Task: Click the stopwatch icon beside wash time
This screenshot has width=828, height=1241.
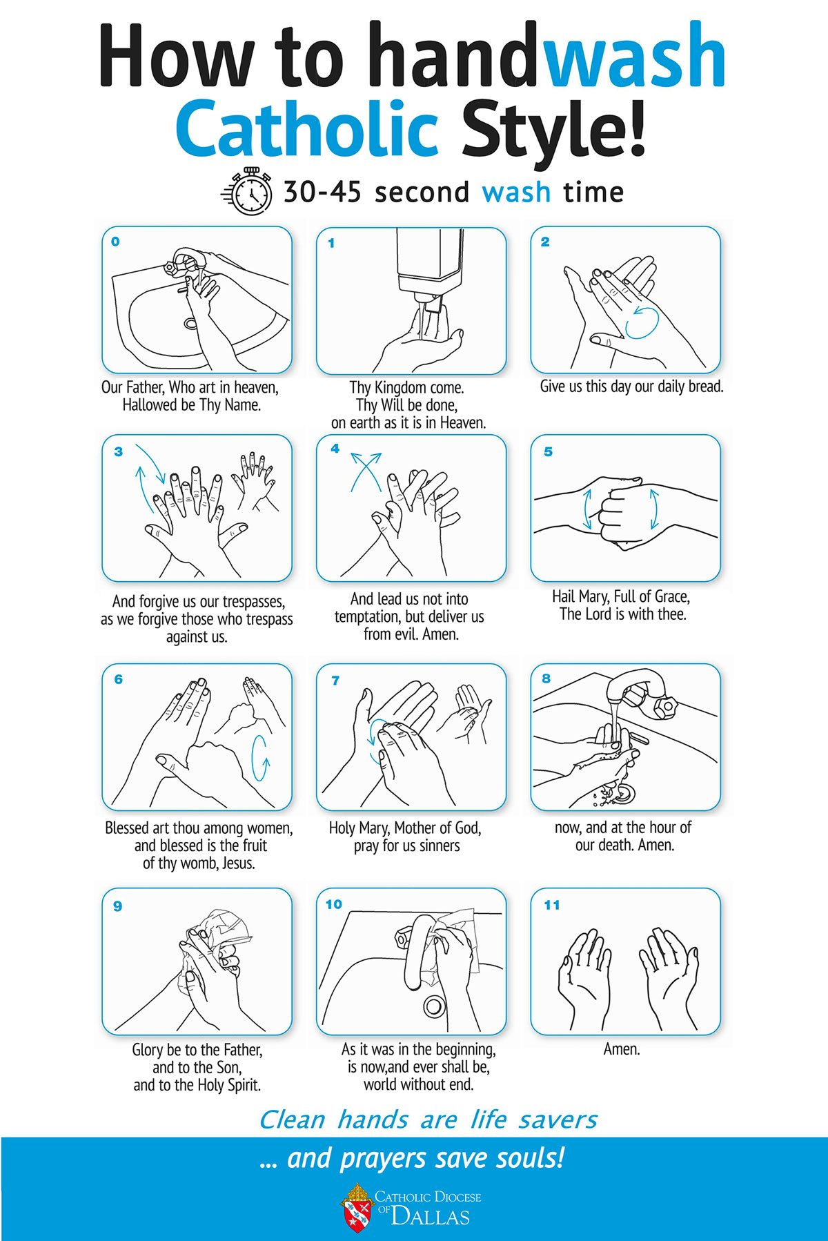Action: point(249,191)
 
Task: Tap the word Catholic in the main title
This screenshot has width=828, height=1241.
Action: point(307,129)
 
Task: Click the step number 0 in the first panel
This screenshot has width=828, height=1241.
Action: point(115,242)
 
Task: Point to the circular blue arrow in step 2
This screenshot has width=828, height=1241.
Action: point(642,322)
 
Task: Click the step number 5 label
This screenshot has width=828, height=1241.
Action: point(548,451)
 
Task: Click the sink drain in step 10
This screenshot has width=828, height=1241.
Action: point(433,1006)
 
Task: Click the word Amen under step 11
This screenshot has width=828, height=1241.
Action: point(622,1049)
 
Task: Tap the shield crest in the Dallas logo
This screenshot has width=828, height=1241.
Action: point(357,1207)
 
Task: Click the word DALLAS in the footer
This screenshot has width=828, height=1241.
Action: point(431,1216)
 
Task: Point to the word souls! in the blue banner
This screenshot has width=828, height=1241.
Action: point(531,1157)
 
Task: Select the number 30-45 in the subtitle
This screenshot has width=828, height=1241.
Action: point(322,192)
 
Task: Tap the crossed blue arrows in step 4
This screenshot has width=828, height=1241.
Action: point(366,471)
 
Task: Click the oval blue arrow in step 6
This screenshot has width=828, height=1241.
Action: point(260,758)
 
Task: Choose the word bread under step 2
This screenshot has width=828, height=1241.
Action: point(704,386)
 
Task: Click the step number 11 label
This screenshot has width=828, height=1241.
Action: point(552,905)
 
